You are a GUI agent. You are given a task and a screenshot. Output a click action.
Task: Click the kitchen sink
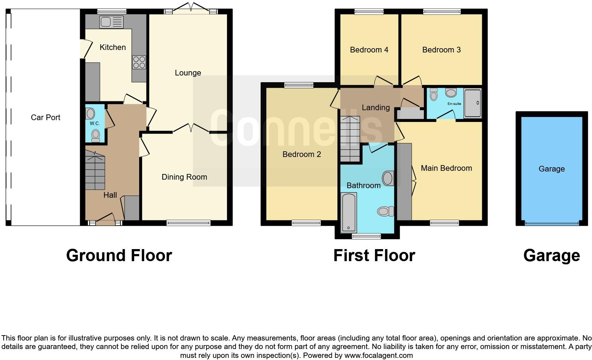pos(112,22)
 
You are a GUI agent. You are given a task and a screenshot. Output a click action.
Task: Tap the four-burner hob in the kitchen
pos(139,62)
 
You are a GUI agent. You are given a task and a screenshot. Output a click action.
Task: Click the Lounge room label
pos(188,73)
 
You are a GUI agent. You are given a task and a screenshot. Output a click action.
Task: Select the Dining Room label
pos(184,177)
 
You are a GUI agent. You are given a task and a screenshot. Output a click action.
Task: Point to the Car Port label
pos(45,118)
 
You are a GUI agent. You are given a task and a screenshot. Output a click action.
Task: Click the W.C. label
pos(94,124)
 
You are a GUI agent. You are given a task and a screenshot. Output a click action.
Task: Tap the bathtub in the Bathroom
pos(349,213)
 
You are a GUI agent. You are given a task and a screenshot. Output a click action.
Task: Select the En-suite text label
pos(454,104)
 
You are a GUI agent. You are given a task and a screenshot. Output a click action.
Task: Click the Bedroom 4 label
pos(369,50)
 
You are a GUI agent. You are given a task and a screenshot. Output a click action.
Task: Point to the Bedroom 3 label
pos(441,50)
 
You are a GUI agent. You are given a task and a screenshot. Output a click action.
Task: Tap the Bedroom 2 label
pos(302,154)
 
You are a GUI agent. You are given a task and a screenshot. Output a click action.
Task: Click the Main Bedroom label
pos(446,168)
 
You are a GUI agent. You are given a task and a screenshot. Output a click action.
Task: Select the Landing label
pos(376,108)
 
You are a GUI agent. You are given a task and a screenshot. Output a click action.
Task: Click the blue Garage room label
pos(551,169)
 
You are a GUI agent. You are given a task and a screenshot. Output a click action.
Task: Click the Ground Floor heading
pos(119,255)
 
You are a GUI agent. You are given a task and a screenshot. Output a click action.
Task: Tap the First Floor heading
pos(374,255)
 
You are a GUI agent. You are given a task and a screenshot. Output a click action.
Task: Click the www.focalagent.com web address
pos(378,355)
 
